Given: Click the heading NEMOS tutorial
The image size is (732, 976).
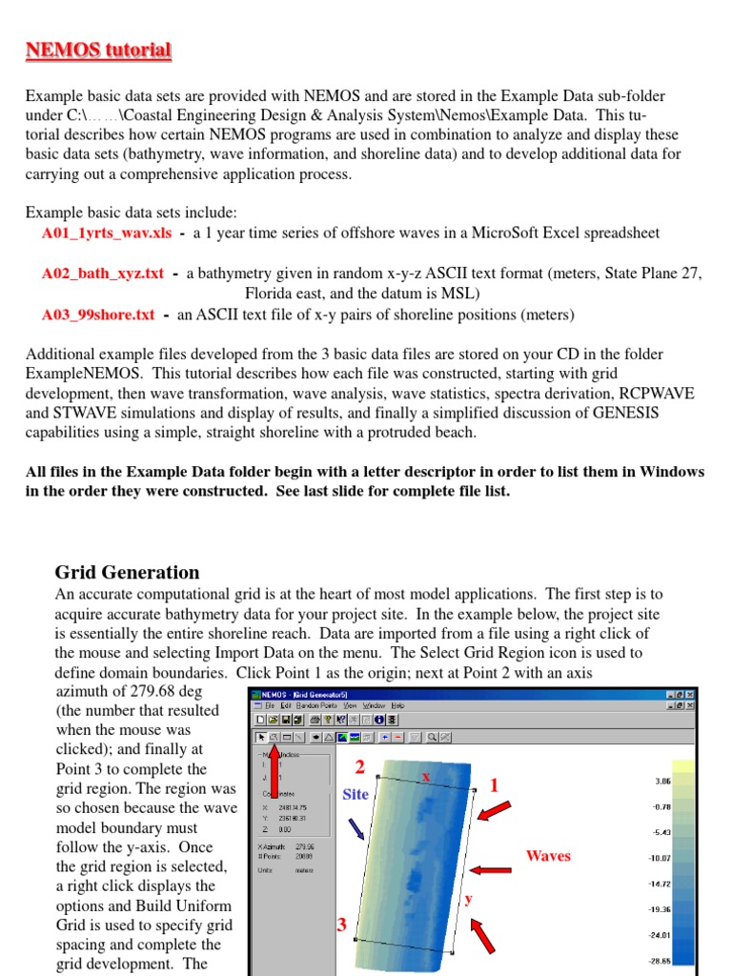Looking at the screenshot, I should point(98,51).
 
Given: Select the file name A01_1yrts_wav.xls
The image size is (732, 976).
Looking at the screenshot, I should point(108,233).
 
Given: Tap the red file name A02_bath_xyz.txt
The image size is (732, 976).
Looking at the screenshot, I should point(103,274).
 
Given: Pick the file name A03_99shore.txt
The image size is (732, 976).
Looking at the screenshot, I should point(98,315).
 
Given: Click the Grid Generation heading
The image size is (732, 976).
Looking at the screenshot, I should point(127,573).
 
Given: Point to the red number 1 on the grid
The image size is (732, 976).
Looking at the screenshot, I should point(494,785).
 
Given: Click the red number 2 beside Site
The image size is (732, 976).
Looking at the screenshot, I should point(360,767).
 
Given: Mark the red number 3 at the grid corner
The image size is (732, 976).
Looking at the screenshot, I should point(340,925).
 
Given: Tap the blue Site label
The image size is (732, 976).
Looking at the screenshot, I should point(356,794).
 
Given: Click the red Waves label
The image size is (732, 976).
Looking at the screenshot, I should point(548,856).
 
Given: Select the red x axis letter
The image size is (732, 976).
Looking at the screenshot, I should point(426,777).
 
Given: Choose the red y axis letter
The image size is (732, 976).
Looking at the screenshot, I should point(468,899).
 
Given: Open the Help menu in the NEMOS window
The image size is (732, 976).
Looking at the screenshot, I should point(396,705).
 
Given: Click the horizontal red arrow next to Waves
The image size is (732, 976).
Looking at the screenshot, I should point(491,869).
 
